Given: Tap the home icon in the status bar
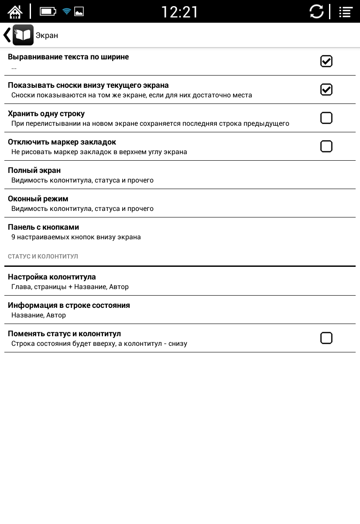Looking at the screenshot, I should tap(15, 11).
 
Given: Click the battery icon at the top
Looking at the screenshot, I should tap(48, 11).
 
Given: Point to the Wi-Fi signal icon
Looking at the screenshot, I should tap(66, 11).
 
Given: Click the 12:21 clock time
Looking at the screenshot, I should tap(180, 12).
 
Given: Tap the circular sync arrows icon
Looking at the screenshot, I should tap(317, 12).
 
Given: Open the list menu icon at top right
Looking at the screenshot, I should tap(346, 12).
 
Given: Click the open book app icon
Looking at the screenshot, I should tap(23, 35).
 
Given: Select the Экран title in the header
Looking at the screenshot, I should tap(47, 35).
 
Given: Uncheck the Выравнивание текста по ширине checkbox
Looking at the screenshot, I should tap(326, 61).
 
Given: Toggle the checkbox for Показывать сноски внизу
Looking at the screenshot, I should tap(326, 90).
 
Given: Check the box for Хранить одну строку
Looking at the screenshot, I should tap(326, 118).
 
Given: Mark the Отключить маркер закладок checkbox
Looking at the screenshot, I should tap(326, 146).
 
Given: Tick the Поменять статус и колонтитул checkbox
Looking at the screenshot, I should tap(326, 338).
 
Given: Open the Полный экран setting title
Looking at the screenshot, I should tap(34, 170).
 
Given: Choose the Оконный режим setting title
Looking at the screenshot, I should tap(38, 199).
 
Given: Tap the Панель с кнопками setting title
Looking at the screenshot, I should tap(43, 227).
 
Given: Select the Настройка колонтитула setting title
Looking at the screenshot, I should tap(51, 277).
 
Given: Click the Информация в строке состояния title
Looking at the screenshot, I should tap(69, 305).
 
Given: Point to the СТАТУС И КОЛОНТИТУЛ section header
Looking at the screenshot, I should tap(43, 256).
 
